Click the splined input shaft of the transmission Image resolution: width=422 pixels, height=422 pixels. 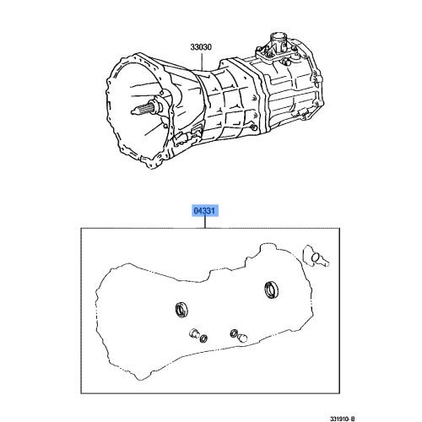click(x=144, y=111)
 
